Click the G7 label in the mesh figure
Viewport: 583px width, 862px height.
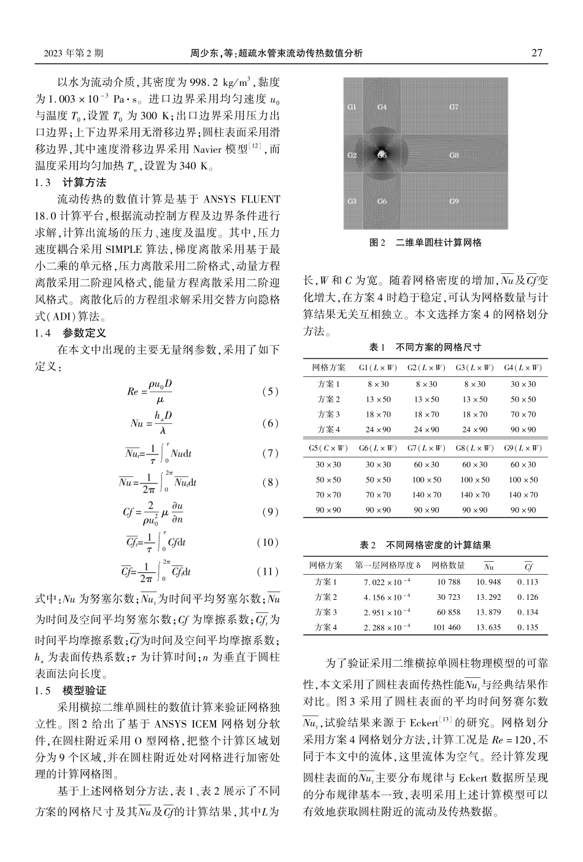click(x=454, y=107)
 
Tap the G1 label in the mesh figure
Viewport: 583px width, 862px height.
click(x=352, y=107)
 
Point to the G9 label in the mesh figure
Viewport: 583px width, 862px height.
click(x=454, y=201)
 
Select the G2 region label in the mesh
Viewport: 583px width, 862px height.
click(x=352, y=155)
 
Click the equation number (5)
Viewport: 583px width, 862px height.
click(x=269, y=391)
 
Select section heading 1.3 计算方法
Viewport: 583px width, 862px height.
click(x=71, y=182)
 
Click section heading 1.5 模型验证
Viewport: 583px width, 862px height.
click(x=71, y=691)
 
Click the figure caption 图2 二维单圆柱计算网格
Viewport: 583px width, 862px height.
click(x=425, y=243)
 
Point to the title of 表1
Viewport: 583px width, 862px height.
click(x=425, y=348)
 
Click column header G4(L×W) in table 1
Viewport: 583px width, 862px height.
click(x=523, y=368)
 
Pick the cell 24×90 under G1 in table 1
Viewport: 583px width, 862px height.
click(x=378, y=430)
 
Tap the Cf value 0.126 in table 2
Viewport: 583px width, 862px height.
click(x=528, y=597)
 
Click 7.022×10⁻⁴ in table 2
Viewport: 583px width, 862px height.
click(x=387, y=582)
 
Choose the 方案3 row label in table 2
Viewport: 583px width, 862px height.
click(x=326, y=612)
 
